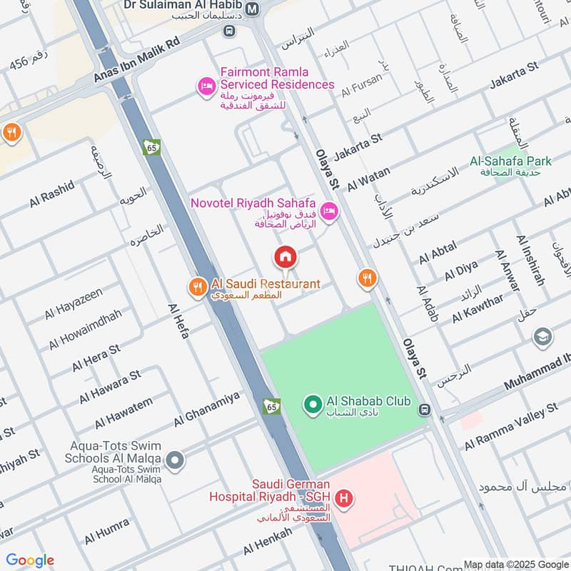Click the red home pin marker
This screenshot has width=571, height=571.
coord(285,256)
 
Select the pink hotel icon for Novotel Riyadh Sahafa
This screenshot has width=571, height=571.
coord(328,211)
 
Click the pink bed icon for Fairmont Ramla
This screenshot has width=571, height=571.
coord(206,86)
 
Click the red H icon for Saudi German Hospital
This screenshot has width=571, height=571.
coord(345,499)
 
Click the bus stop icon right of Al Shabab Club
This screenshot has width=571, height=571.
coord(425,410)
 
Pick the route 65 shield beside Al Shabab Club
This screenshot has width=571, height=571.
coord(271,405)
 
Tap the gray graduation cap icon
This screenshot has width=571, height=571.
coord(542,337)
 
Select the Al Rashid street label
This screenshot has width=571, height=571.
coord(51,193)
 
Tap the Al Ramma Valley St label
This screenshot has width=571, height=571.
coord(510,428)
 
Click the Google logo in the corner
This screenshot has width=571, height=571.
coord(30,560)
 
